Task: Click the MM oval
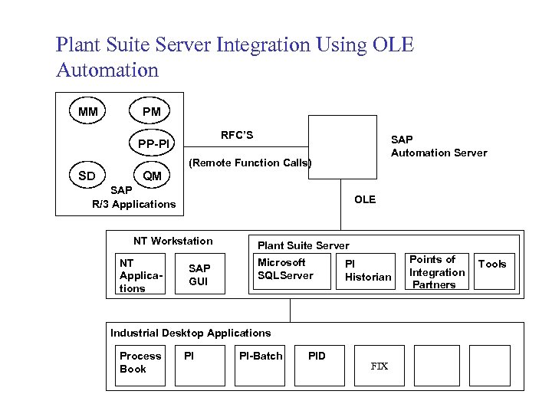(88, 112)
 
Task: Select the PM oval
(152, 112)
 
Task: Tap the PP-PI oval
(153, 143)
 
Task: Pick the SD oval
(87, 176)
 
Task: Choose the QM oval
(152, 176)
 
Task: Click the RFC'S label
(237, 135)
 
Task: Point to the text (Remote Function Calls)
(250, 163)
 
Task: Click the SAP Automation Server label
(439, 146)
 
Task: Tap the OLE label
(365, 199)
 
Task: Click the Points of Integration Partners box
(436, 271)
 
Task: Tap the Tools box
(494, 271)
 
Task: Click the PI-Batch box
(261, 365)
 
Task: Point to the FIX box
(379, 365)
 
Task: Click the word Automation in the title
(107, 71)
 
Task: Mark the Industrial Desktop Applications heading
(190, 333)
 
